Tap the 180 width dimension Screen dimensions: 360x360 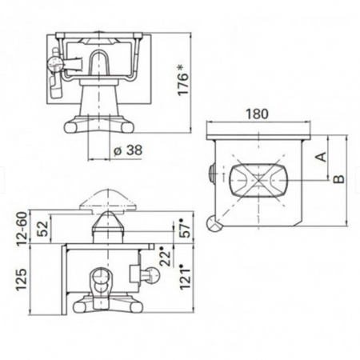(x=256, y=114)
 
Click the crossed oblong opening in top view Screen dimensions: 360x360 (x=255, y=180)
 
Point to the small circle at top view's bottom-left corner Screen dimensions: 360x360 (x=214, y=225)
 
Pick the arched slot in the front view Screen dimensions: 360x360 (x=101, y=63)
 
